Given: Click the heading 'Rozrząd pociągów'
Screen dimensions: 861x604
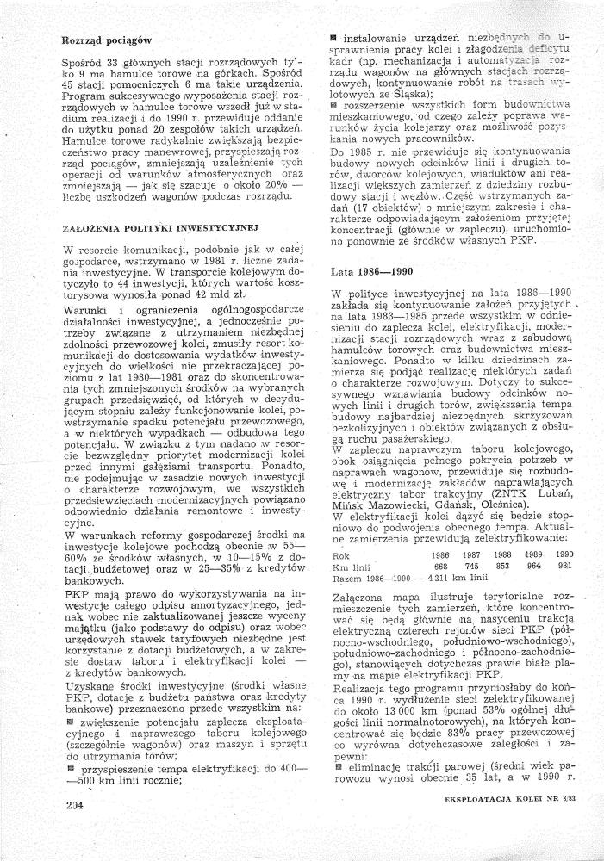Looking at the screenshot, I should (108, 40).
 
